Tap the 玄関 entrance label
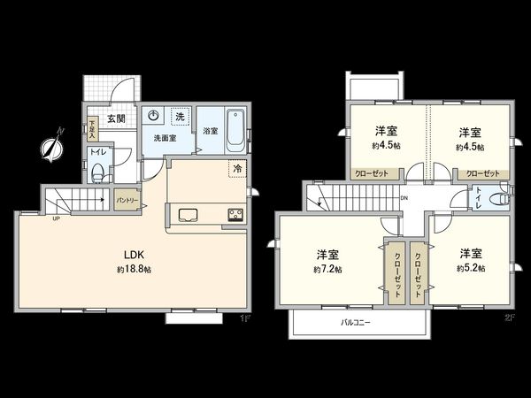tap(116, 119)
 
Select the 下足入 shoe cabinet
tap(92, 130)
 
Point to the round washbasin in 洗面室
tap(153, 115)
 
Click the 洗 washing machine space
tap(179, 117)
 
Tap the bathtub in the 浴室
tap(235, 130)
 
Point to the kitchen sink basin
tap(189, 213)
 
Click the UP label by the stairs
tap(56, 218)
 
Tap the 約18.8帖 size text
tap(133, 269)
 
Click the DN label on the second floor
tap(404, 198)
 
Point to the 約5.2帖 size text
tap(469, 269)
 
